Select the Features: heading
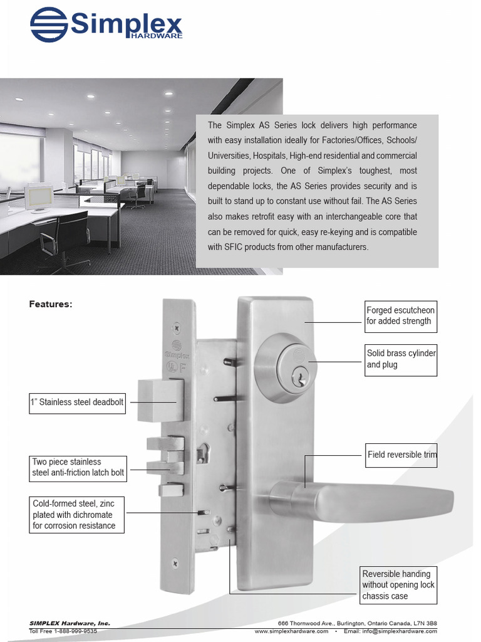click(51, 304)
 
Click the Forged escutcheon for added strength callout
click(400, 316)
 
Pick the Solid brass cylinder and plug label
click(401, 359)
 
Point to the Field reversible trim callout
click(401, 455)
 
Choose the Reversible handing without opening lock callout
click(398, 585)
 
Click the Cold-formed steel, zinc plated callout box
click(76, 515)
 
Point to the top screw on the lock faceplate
click(177, 327)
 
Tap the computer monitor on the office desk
click(39, 196)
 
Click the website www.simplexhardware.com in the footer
click(291, 631)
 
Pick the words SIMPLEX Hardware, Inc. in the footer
click(70, 623)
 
